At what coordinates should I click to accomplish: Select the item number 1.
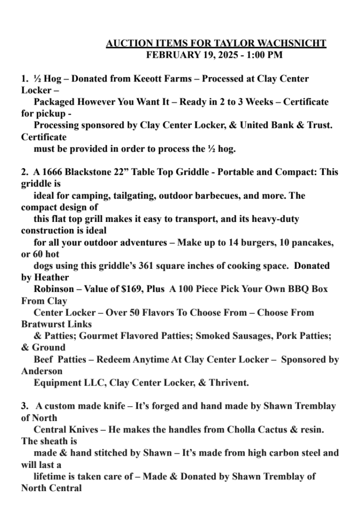click(24, 79)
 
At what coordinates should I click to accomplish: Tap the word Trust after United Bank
click(315, 126)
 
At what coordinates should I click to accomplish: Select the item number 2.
click(24, 172)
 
